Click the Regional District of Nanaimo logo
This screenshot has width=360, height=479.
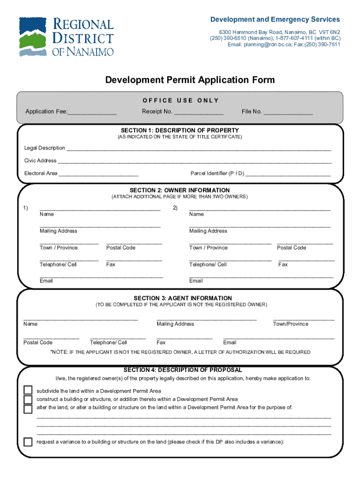pos(66,37)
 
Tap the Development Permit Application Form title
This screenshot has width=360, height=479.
pos(190,80)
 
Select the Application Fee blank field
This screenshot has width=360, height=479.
pos(92,112)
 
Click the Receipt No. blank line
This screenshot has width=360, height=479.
pos(199,112)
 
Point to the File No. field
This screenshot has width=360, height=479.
pos(288,112)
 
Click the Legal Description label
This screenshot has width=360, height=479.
pos(44,148)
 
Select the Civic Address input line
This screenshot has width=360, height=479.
pos(194,161)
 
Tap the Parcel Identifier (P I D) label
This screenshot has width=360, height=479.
pos(217,174)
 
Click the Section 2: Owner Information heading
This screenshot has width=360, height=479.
pos(180,190)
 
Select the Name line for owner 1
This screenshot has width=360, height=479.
pos(100,209)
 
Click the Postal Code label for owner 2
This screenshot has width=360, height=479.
pos(291,248)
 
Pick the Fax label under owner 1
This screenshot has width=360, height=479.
pos(111,265)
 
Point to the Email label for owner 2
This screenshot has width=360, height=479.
pos(196,281)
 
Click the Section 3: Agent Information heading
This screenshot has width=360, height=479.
pos(182,298)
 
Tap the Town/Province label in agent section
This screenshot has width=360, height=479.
pos(290,324)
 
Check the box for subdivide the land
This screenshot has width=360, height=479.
pos(28,391)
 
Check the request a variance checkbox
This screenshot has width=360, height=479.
pos(28,442)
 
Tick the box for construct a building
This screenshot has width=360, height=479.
pos(28,399)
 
